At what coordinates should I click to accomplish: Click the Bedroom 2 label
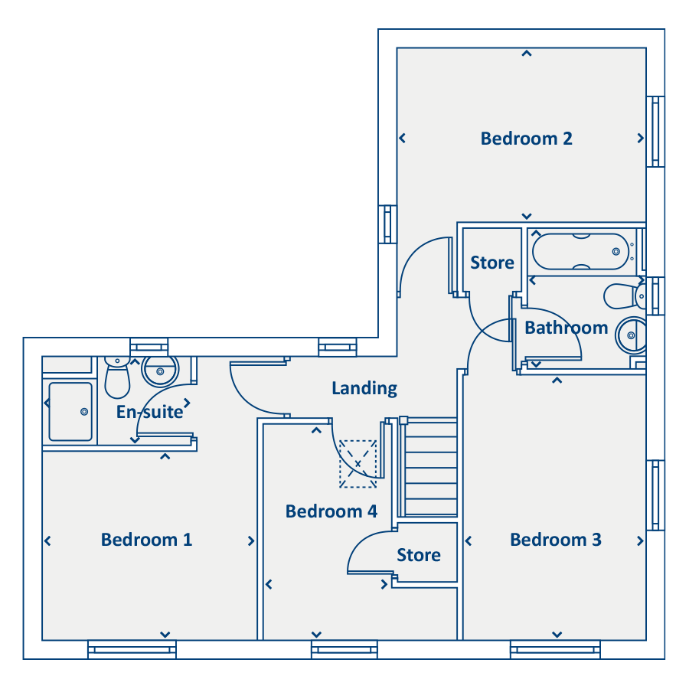pyautogui.click(x=527, y=139)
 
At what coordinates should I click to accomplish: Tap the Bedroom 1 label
pyautogui.click(x=147, y=540)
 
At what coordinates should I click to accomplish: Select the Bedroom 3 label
pyautogui.click(x=556, y=540)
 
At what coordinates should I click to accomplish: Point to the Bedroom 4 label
pyautogui.click(x=331, y=511)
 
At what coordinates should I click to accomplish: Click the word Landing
pyautogui.click(x=364, y=388)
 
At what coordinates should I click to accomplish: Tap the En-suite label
pyautogui.click(x=149, y=412)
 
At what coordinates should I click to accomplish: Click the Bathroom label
pyautogui.click(x=567, y=328)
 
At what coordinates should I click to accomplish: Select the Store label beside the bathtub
pyautogui.click(x=492, y=263)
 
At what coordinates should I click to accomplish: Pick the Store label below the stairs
pyautogui.click(x=419, y=556)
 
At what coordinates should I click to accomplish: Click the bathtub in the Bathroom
pyautogui.click(x=581, y=251)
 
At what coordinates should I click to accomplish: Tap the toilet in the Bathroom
pyautogui.click(x=625, y=296)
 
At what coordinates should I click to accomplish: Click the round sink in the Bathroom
pyautogui.click(x=631, y=335)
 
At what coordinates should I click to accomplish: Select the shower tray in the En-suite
pyautogui.click(x=70, y=411)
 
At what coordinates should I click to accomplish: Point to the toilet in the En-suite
pyautogui.click(x=117, y=377)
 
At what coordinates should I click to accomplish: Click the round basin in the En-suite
pyautogui.click(x=160, y=371)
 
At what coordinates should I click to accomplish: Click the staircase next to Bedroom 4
pyautogui.click(x=430, y=467)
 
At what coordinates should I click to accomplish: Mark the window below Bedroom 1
pyautogui.click(x=132, y=649)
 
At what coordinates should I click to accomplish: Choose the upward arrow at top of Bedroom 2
pyautogui.click(x=527, y=54)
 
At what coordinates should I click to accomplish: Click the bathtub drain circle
pyautogui.click(x=616, y=251)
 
